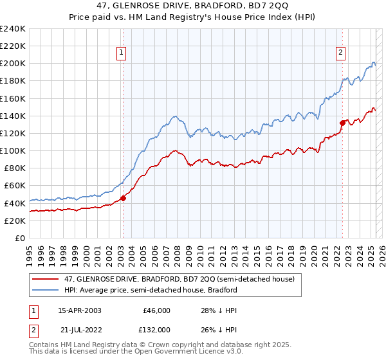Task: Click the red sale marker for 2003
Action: pyautogui.click(x=123, y=198)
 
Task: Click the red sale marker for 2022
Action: pyautogui.click(x=342, y=123)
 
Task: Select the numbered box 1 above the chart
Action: pyautogui.click(x=122, y=53)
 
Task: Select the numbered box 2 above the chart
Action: pyautogui.click(x=340, y=53)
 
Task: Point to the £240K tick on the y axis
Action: pyautogui.click(x=13, y=29)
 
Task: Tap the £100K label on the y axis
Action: pyautogui.click(x=13, y=150)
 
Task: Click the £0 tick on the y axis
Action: pyautogui.click(x=21, y=238)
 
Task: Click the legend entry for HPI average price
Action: pyautogui.click(x=151, y=290)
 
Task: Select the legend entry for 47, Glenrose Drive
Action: pyautogui.click(x=179, y=279)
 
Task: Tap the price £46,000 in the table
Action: pyautogui.click(x=156, y=310)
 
